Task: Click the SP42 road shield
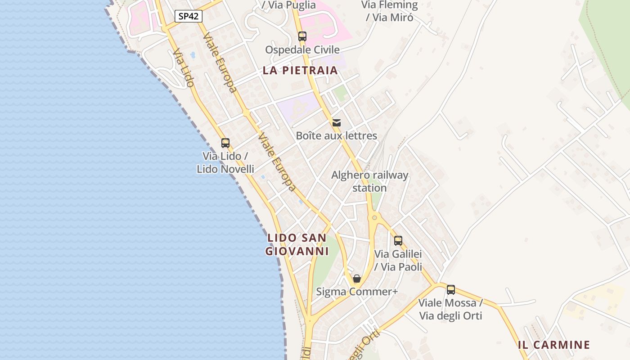[189, 17]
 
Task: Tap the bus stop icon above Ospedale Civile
[302, 36]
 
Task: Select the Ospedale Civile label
[302, 49]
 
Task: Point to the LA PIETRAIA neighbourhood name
[300, 70]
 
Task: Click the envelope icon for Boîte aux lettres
[337, 122]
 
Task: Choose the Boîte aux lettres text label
[337, 135]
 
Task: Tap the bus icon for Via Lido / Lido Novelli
[225, 143]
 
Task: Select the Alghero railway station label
[370, 181]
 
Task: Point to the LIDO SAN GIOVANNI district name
[297, 244]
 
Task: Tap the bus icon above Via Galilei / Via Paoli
[398, 241]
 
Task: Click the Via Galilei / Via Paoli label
[398, 261]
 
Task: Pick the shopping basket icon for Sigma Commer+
[357, 279]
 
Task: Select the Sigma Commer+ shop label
[357, 292]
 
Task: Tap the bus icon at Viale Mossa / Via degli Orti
[451, 290]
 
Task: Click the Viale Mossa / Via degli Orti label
[451, 309]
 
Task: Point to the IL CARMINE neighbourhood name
[554, 345]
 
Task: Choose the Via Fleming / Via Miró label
[390, 11]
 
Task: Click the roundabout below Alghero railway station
[374, 218]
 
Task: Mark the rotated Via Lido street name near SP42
[183, 67]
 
